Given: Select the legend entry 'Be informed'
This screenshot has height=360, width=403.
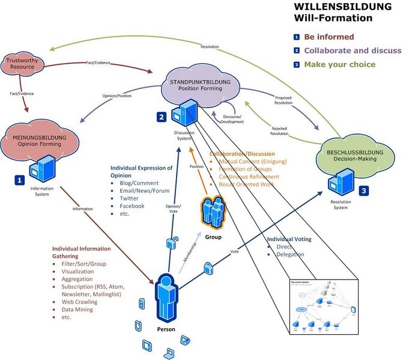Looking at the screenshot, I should [329, 37].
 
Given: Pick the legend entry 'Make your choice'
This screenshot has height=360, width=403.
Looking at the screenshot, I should [339, 64].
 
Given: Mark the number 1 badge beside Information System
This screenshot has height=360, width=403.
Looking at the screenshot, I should [20, 179].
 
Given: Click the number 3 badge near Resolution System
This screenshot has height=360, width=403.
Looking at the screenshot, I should [365, 191].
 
